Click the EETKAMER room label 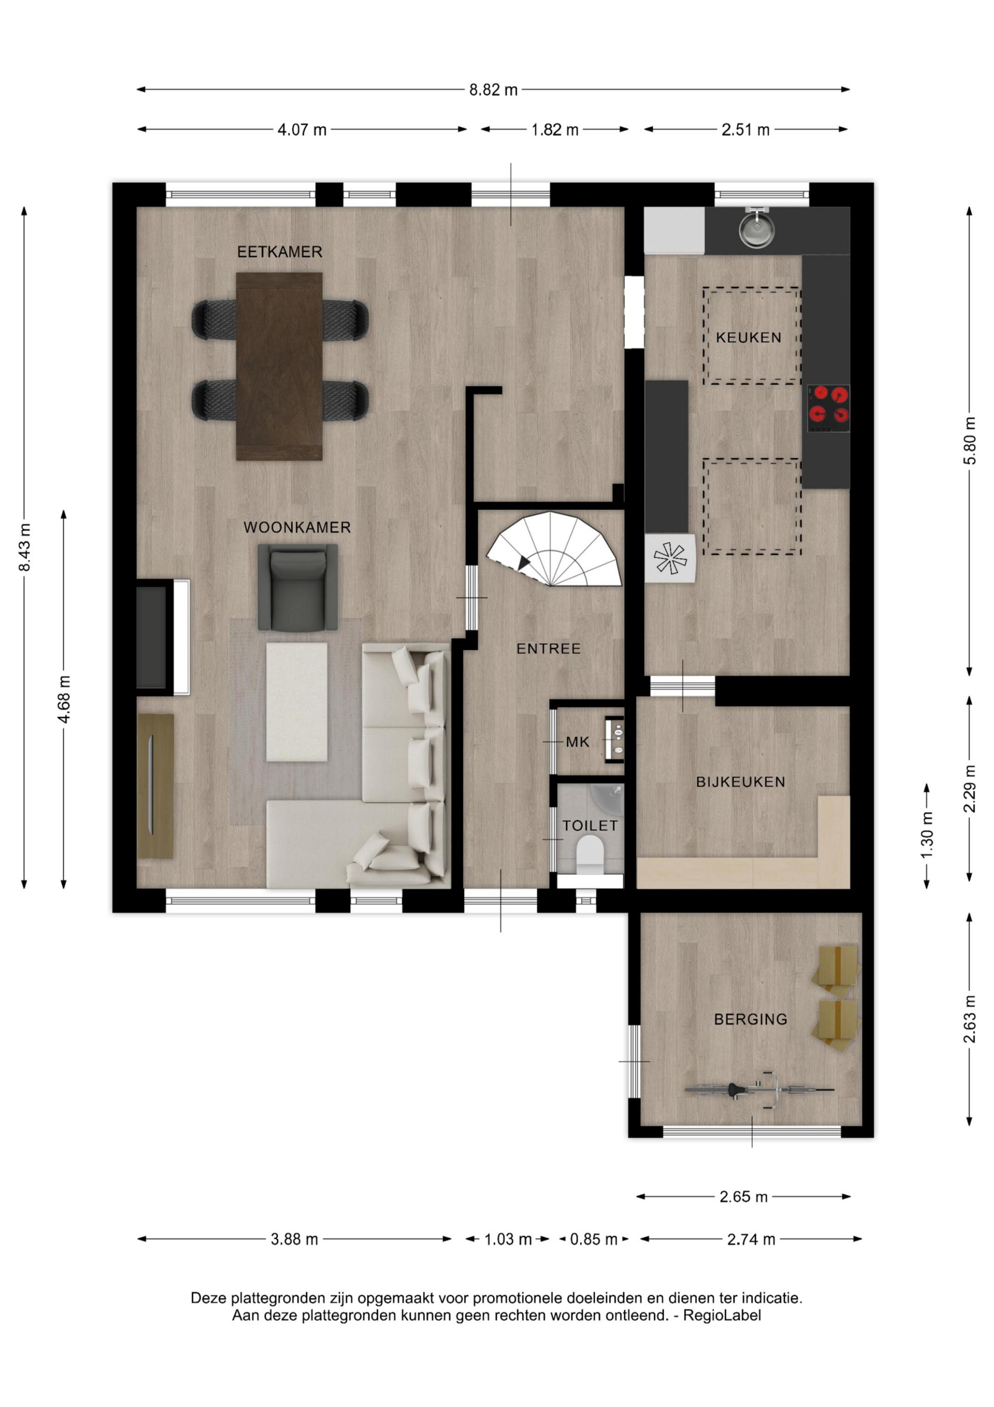click(x=279, y=251)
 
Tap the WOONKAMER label click(x=297, y=528)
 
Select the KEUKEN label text click(x=748, y=337)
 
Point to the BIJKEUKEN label click(x=740, y=782)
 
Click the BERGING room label click(x=751, y=1019)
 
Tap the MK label click(x=577, y=742)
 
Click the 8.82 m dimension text click(x=493, y=90)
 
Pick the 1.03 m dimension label click(x=508, y=1239)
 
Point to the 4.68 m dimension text click(x=64, y=699)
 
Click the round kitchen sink click(x=756, y=228)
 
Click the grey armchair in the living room click(x=298, y=587)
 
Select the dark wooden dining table click(x=279, y=366)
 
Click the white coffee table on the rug click(x=297, y=702)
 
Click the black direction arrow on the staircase click(x=523, y=562)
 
